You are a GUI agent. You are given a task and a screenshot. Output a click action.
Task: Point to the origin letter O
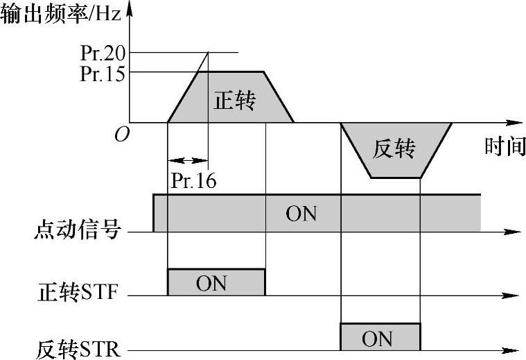pyautogui.click(x=121, y=135)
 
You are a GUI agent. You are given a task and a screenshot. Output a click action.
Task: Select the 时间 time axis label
pyautogui.click(x=505, y=146)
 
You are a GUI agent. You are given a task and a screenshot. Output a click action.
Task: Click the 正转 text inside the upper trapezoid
pyautogui.click(x=234, y=101)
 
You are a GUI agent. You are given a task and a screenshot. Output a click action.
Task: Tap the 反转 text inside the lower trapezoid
pyautogui.click(x=393, y=148)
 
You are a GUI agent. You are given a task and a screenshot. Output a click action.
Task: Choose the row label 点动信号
pyautogui.click(x=78, y=230)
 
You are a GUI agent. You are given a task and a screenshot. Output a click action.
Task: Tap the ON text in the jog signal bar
pyautogui.click(x=301, y=213)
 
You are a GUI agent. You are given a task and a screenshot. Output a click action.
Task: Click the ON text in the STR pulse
pyautogui.click(x=378, y=338)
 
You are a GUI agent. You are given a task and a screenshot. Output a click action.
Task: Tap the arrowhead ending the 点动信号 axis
pyautogui.click(x=513, y=232)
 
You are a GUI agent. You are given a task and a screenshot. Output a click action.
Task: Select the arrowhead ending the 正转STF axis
pyautogui.click(x=513, y=296)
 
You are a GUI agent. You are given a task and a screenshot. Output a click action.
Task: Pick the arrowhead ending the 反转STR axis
pyautogui.click(x=513, y=350)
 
